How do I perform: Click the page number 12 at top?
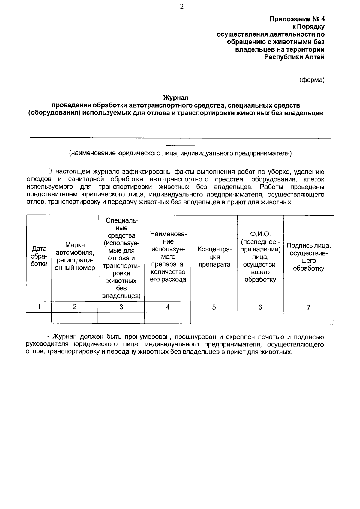[180, 7]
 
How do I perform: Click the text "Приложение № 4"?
[297, 19]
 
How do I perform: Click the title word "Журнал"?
[176, 98]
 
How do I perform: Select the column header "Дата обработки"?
[39, 256]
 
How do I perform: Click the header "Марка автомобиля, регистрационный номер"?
[75, 256]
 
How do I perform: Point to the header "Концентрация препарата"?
[214, 257]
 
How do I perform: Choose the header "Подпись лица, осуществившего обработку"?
[308, 257]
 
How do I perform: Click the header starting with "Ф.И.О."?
[260, 257]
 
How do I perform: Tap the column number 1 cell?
[39, 307]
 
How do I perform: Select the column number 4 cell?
[168, 307]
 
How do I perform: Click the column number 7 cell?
[308, 307]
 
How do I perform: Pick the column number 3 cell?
[121, 307]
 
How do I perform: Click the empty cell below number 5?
[214, 318]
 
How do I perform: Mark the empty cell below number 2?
[75, 318]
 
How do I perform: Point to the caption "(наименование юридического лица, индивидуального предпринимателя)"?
[180, 154]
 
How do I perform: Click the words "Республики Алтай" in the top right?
[294, 57]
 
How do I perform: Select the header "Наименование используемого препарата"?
[168, 257]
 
